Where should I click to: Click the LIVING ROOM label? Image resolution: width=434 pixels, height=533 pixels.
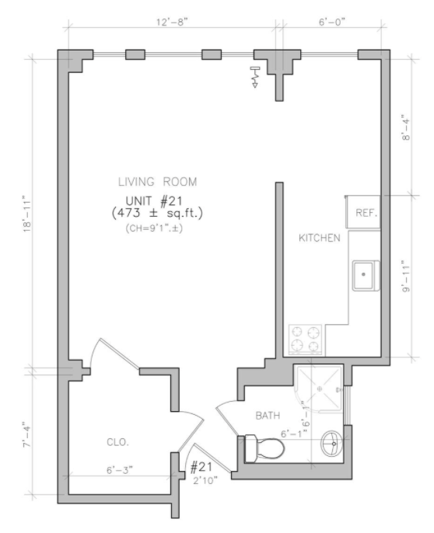coord(157,182)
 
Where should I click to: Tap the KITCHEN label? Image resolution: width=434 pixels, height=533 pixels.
coord(320,238)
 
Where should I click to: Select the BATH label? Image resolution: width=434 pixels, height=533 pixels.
coord(268,416)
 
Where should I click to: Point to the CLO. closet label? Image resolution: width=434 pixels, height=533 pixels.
coord(117,442)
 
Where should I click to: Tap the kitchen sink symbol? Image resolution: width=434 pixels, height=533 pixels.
coord(364,275)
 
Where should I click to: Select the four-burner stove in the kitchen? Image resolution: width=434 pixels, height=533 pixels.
coord(306,338)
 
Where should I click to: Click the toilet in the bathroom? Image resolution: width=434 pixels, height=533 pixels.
coord(260,448)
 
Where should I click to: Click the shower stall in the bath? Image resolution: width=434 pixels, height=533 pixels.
coord(319,388)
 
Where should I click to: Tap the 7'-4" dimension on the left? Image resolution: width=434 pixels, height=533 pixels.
coord(28,433)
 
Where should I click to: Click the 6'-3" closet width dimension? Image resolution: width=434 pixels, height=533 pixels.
coord(121,469)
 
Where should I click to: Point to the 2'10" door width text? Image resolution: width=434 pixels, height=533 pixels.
coord(204,480)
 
